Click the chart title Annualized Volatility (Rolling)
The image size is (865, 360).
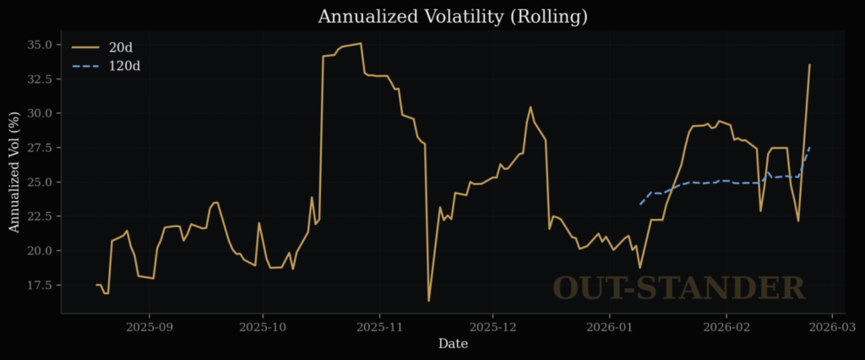point(452,17)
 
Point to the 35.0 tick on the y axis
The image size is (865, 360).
point(40,44)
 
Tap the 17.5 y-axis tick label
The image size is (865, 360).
point(40,285)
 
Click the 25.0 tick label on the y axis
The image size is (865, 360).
point(40,182)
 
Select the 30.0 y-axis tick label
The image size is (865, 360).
point(40,113)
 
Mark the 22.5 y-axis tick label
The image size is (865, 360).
point(40,216)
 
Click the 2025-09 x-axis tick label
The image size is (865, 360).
point(149,325)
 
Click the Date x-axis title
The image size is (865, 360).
point(452,344)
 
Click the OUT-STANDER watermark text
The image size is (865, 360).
point(678,288)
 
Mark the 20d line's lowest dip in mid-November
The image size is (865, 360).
point(428,301)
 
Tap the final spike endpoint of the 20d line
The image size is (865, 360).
point(809,64)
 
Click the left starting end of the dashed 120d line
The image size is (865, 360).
point(639,205)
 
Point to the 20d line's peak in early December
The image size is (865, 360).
point(530,107)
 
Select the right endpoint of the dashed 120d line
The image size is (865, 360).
point(809,148)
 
